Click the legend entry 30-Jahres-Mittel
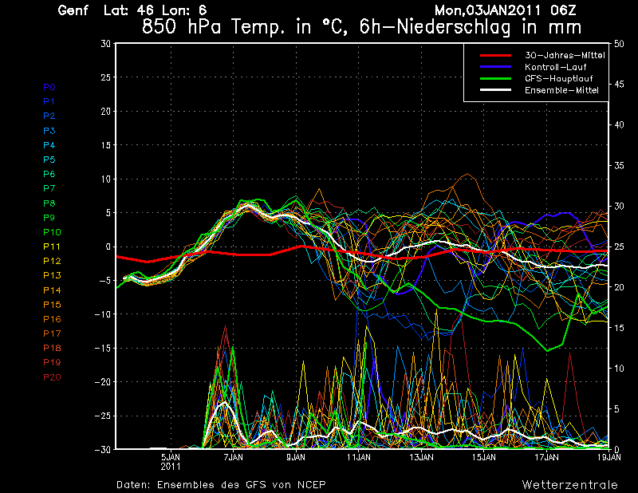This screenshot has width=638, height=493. pyautogui.click(x=564, y=55)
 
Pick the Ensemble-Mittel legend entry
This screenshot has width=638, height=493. pyautogui.click(x=561, y=90)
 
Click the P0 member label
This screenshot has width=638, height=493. pyautogui.click(x=49, y=87)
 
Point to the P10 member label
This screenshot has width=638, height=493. pyautogui.click(x=52, y=232)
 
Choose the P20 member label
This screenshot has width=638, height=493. pyautogui.click(x=52, y=377)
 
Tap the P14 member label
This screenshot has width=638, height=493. pyautogui.click(x=52, y=290)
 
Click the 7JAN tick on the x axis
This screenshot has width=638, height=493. pyautogui.click(x=234, y=458)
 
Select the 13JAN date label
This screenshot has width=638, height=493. pyautogui.click(x=421, y=458)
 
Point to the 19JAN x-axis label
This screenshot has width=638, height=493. pyautogui.click(x=609, y=458)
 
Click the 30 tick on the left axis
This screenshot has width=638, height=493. pyautogui.click(x=105, y=44)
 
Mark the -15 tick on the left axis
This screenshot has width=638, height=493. pyautogui.click(x=102, y=348)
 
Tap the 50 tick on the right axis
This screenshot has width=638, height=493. pyautogui.click(x=620, y=44)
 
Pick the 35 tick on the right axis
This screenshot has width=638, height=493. pyautogui.click(x=620, y=166)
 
